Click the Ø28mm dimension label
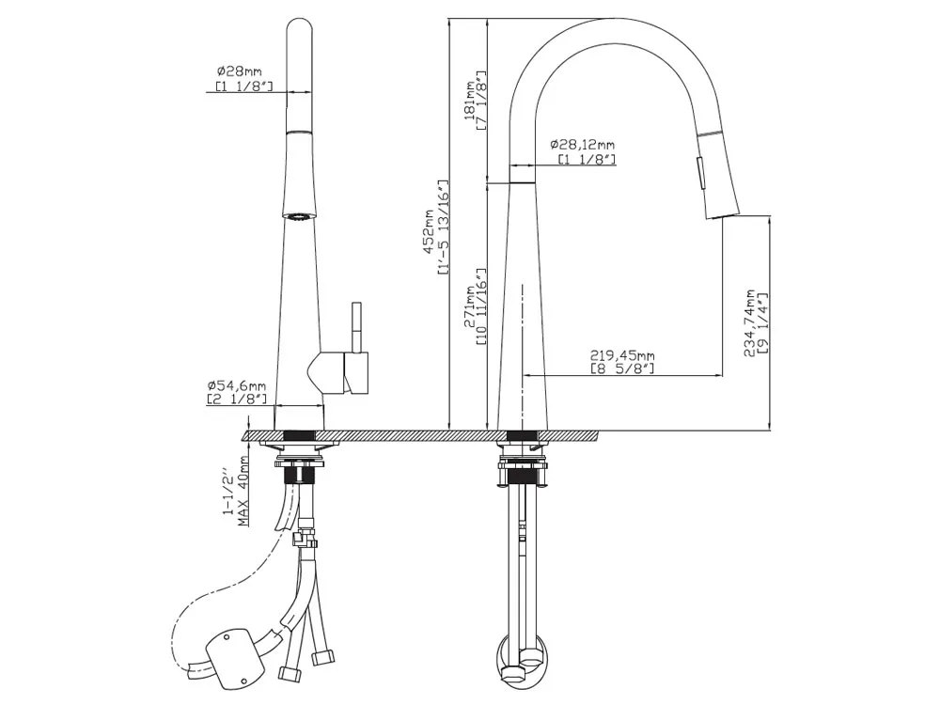click(239, 71)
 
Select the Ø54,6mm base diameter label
click(237, 385)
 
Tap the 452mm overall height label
click(429, 231)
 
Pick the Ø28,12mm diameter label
click(582, 145)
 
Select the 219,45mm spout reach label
click(622, 356)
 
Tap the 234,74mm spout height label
click(750, 322)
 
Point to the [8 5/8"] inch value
click(622, 368)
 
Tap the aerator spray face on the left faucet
click(298, 216)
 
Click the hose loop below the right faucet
click(521, 663)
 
